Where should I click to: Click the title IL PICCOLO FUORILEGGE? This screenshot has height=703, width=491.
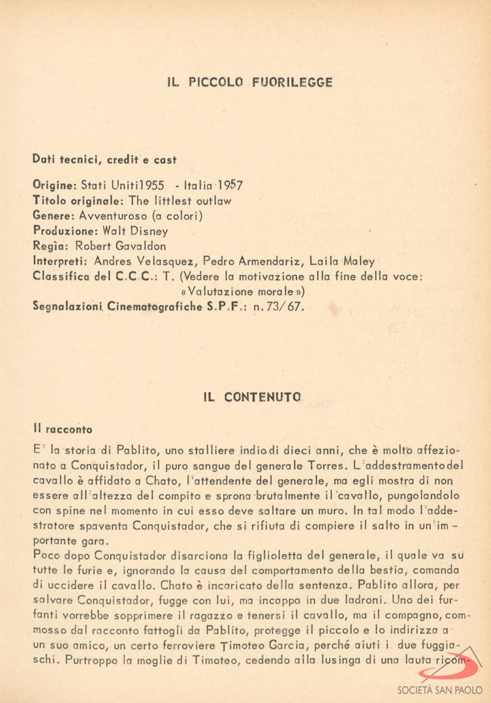249,83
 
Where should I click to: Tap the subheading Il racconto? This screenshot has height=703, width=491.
63,430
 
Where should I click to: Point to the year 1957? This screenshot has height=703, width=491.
230,185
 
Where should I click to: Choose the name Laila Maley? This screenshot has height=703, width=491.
343,262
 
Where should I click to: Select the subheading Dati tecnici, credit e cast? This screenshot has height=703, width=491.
104,160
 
